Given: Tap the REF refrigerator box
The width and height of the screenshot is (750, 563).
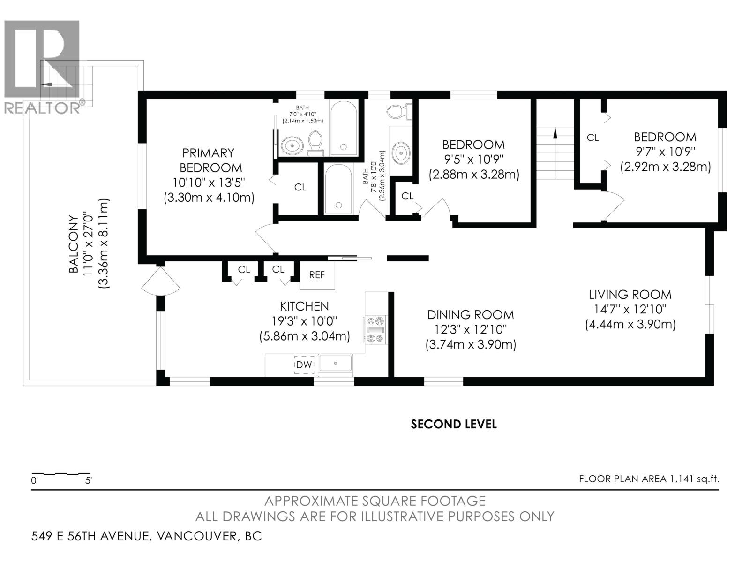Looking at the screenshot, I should pos(317,275).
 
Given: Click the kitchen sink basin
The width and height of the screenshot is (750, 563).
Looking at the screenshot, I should pos(335,364).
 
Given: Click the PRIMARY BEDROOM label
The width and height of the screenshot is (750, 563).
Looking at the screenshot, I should pos(208,160).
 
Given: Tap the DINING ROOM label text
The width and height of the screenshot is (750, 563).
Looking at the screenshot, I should pos(470,315).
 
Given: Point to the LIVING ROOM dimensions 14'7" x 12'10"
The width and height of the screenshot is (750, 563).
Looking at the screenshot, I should pos(630,309).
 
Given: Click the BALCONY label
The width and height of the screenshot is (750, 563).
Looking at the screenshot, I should pos(74,244).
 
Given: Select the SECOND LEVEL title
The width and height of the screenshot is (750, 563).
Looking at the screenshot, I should pos(453,424).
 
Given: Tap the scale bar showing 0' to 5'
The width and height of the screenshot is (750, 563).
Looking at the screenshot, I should pos(60,474).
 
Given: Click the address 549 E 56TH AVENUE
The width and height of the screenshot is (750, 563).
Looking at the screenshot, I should pos(90,536).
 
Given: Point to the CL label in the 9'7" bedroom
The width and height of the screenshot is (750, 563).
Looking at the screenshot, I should pos(593,137).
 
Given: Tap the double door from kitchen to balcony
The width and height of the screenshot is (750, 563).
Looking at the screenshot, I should pos(160,281).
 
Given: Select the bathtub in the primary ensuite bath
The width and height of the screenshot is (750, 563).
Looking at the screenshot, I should pos(344,128).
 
